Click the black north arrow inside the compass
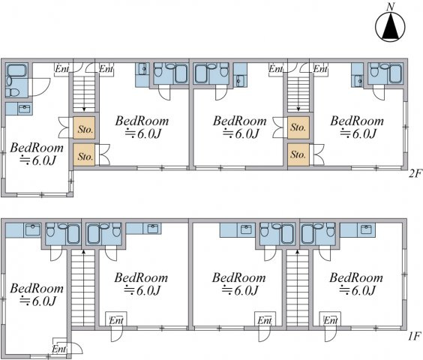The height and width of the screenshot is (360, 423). click(x=390, y=28)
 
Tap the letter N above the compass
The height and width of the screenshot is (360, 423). click(x=390, y=7)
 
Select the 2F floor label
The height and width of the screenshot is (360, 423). click(x=415, y=173)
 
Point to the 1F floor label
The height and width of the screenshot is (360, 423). click(x=414, y=336)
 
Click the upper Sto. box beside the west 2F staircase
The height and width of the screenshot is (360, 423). click(x=84, y=128)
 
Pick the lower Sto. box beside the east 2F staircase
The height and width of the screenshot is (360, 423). click(x=298, y=154)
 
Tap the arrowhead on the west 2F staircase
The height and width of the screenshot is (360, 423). click(x=84, y=109)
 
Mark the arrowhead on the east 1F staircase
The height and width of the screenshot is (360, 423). click(x=298, y=252)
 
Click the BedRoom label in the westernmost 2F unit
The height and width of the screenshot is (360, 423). click(x=37, y=148)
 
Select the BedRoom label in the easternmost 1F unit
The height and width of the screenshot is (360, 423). click(x=356, y=278)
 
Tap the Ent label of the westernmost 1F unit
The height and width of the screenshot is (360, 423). click(x=59, y=349)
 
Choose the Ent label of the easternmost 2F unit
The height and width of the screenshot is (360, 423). click(x=320, y=69)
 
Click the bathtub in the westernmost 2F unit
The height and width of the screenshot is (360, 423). click(x=16, y=70)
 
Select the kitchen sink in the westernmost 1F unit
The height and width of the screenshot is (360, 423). click(x=32, y=230)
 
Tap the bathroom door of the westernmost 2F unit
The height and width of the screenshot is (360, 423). click(x=40, y=87)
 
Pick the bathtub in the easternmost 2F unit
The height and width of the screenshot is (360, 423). click(x=396, y=73)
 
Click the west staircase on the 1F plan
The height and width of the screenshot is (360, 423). click(x=83, y=288)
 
